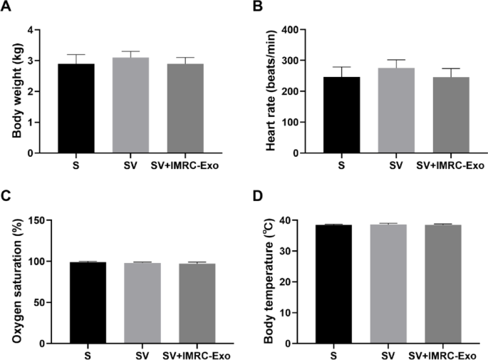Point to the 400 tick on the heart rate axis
(x=285, y=30)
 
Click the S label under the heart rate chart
(x=342, y=165)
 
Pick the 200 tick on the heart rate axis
(x=285, y=91)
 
